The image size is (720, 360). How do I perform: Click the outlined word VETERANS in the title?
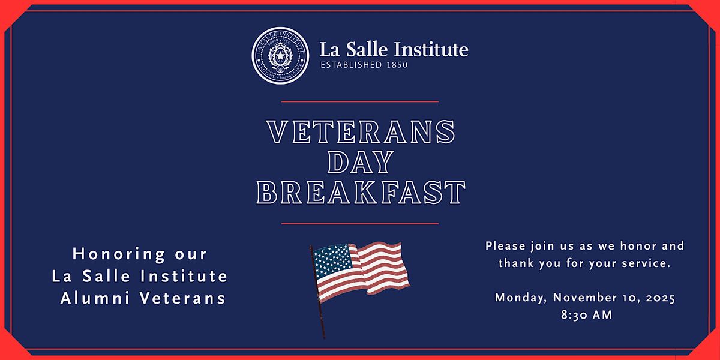coord(361,132)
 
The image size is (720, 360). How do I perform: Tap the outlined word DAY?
coord(361,162)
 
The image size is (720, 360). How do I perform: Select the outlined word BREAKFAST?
coord(361,193)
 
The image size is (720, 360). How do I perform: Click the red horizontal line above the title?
coord(360,101)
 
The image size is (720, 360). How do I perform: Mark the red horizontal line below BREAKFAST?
coord(360,223)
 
